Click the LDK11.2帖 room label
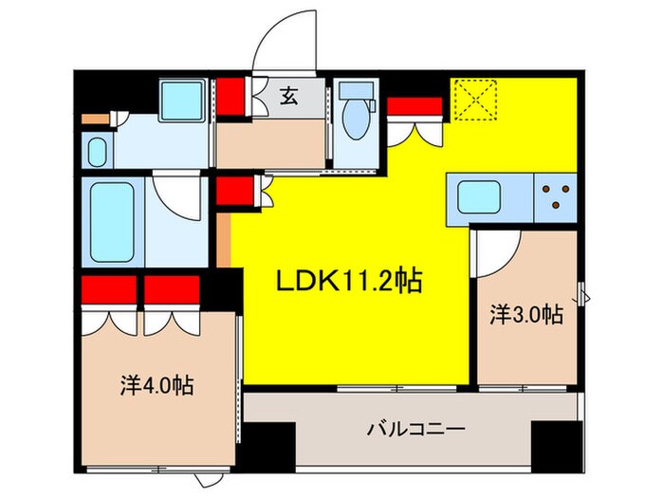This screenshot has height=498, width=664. point(349,281)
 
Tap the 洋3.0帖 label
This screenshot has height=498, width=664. point(526,314)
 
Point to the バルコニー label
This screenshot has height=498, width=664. point(415,430)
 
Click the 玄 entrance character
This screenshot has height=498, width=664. point(287,95)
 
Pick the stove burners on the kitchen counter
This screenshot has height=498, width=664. point(553,196)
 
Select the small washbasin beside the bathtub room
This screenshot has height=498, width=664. point(97,151)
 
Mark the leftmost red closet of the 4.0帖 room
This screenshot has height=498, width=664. point(100,289)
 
